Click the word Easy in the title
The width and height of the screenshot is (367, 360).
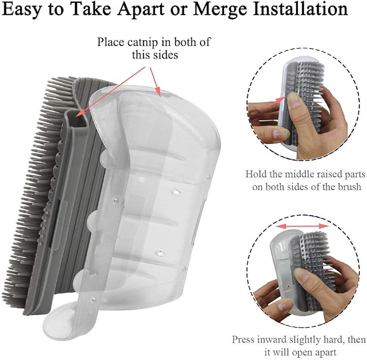[23, 10]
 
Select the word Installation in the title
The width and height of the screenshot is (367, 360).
[301, 9]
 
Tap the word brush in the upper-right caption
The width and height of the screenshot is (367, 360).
[349, 187]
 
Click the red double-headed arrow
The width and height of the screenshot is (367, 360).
[302, 226]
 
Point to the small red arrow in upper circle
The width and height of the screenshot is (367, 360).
[275, 103]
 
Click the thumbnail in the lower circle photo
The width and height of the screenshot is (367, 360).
[303, 276]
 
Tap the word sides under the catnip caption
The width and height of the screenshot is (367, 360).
[166, 55]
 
